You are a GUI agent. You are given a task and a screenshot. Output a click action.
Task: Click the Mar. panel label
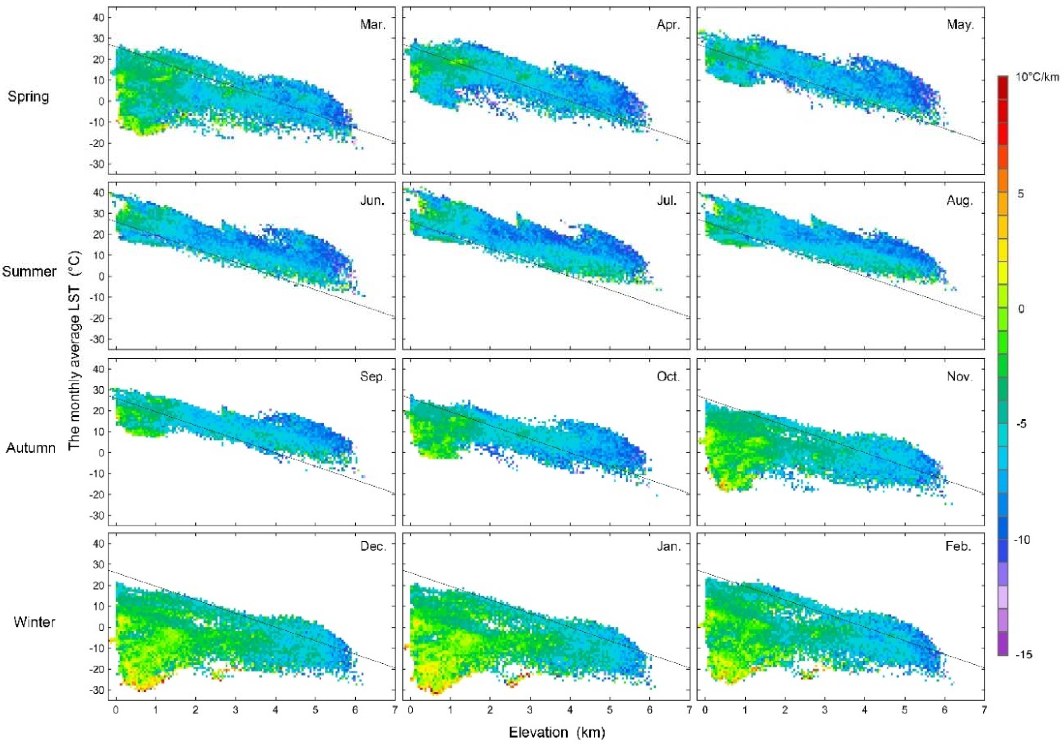[x=372, y=25]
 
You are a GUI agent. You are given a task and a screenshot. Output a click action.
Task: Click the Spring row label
[x=28, y=96]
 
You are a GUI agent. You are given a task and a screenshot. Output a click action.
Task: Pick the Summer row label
[x=29, y=271]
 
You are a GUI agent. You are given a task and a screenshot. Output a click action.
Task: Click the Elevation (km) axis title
[x=557, y=732]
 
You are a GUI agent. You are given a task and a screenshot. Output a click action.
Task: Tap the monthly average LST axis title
[x=74, y=350]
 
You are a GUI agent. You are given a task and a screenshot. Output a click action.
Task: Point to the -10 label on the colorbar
[x=1023, y=540]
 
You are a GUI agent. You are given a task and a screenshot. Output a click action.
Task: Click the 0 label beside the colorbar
[x=1021, y=309]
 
